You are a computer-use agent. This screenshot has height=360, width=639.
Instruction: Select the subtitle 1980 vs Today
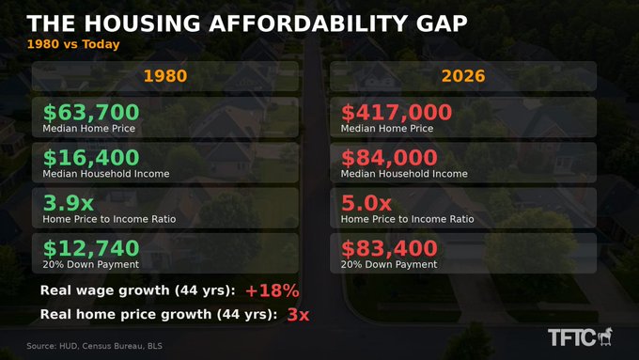[x=73, y=44]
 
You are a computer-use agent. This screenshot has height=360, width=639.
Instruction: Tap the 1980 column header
[x=165, y=76]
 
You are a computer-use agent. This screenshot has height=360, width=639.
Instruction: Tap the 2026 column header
[x=463, y=76]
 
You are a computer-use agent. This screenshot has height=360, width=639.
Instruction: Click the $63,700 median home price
[x=91, y=112]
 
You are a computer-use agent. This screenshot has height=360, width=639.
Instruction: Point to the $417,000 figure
[x=397, y=112]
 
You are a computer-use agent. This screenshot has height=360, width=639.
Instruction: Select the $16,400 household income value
[x=91, y=157]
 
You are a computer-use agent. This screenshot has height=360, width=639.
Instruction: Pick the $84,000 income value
[x=389, y=157]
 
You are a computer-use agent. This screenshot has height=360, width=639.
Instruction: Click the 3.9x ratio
[x=68, y=203]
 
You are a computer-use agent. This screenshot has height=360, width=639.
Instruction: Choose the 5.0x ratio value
[x=366, y=203]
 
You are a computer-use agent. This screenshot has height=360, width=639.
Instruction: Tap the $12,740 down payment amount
[x=91, y=248]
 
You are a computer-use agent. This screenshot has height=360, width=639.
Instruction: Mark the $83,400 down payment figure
[x=389, y=248]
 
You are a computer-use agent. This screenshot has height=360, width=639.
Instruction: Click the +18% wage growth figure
[x=273, y=290]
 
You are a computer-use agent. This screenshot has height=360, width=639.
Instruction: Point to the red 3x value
[x=298, y=314]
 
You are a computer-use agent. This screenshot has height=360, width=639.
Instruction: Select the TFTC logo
[x=580, y=337]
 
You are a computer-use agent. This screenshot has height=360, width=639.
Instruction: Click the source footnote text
[x=95, y=346]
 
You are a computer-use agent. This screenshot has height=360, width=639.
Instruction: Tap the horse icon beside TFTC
[x=605, y=337]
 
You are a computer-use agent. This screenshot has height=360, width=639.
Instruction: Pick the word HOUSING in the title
[x=143, y=23]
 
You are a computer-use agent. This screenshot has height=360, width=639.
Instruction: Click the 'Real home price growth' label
[x=126, y=314]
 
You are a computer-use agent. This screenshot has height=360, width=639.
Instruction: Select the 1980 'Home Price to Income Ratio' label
[x=109, y=219]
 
